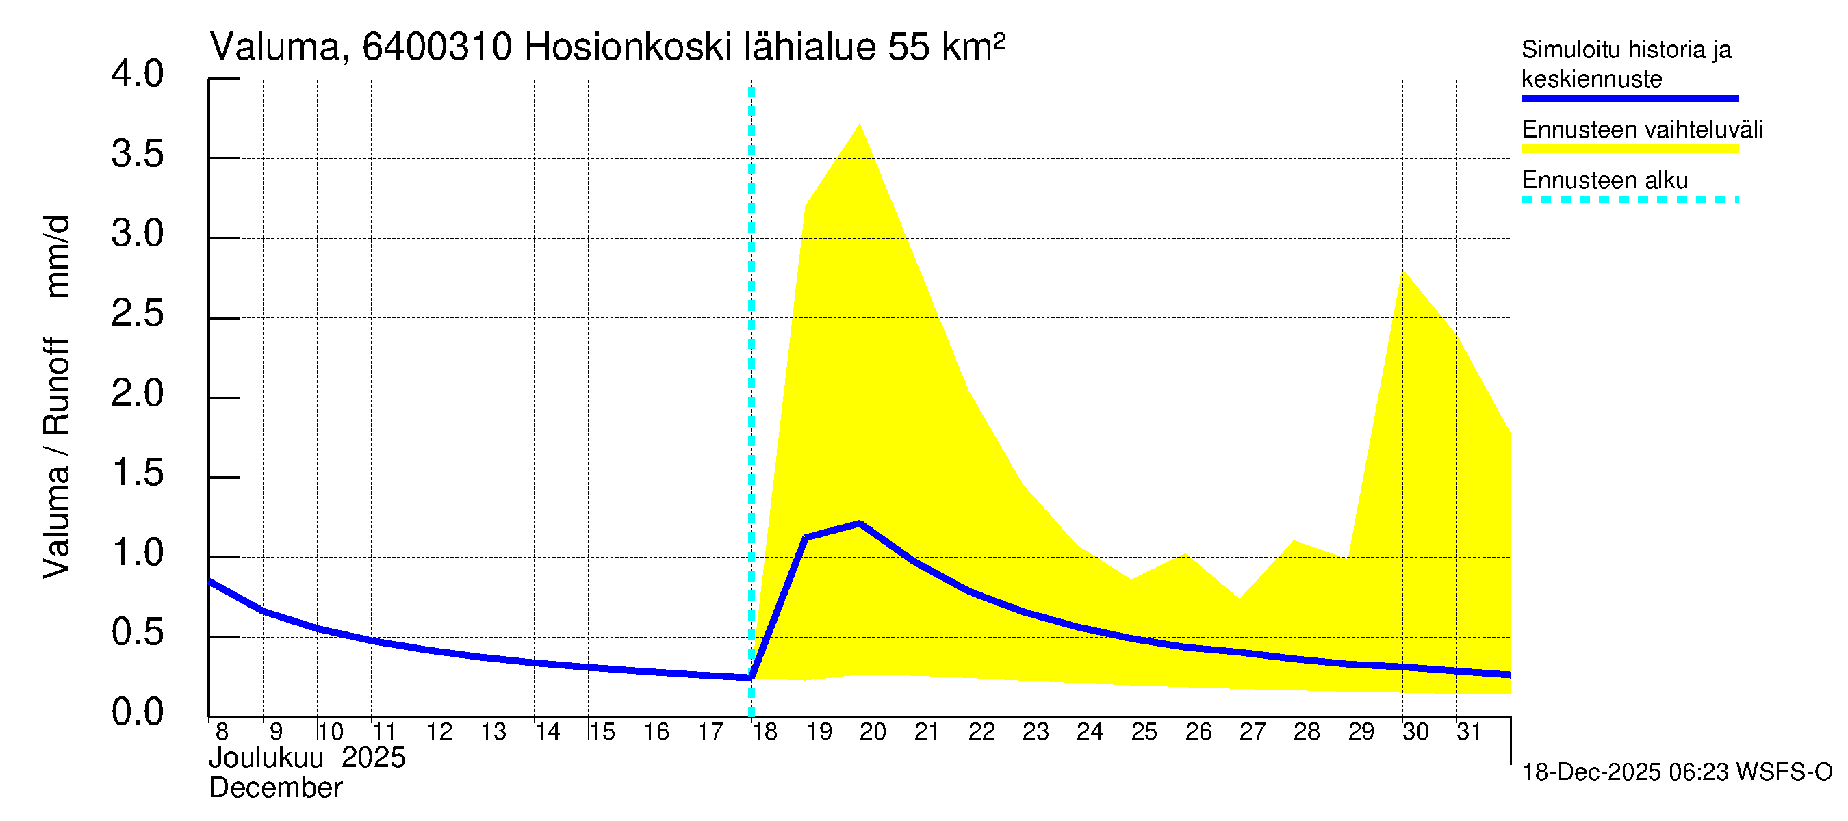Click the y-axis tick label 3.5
(x=137, y=155)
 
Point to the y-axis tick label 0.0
(x=137, y=713)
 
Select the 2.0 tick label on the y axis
(x=137, y=394)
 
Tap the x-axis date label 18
(x=764, y=732)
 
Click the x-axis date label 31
(x=1469, y=732)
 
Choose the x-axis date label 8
(x=222, y=732)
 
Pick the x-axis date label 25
(x=1144, y=732)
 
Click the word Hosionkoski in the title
(x=628, y=48)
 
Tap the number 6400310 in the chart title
(x=437, y=48)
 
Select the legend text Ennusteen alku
(x=1605, y=180)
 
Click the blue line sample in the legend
(x=1629, y=99)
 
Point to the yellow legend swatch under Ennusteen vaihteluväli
(x=1629, y=149)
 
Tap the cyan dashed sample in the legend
(x=1629, y=200)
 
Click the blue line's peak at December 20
(x=860, y=523)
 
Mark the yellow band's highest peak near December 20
(x=860, y=126)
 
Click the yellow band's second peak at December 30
(x=1402, y=270)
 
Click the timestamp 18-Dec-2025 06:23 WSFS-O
(x=1676, y=772)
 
